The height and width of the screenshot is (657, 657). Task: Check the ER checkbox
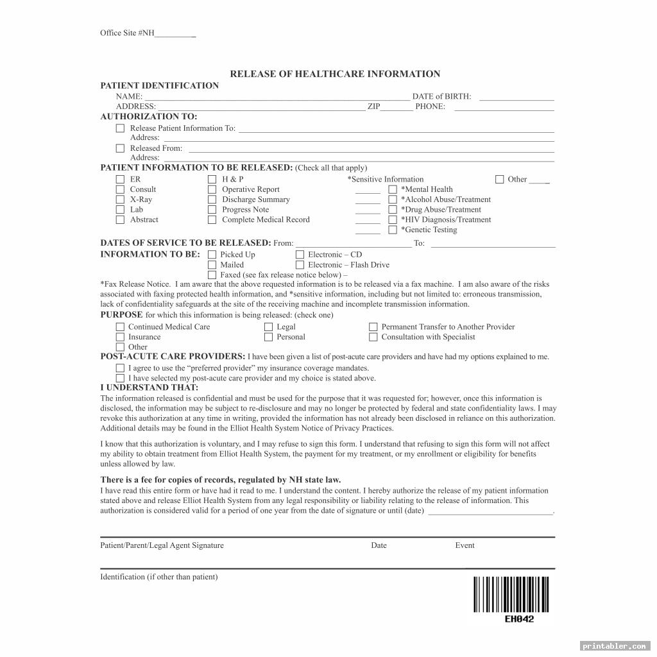point(120,180)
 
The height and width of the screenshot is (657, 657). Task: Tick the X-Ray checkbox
point(120,200)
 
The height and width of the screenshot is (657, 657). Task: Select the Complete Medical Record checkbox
point(212,220)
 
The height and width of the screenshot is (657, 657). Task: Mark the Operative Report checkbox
point(212,190)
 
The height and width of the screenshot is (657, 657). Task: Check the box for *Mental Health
point(393,190)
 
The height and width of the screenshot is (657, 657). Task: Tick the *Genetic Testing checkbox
point(393,230)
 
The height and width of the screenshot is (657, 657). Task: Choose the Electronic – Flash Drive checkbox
point(300,265)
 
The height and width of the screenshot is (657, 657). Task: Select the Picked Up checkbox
point(212,255)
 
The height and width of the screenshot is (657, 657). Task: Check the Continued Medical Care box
point(120,327)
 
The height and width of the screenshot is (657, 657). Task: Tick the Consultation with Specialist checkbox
point(373,337)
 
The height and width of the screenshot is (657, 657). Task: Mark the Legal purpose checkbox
point(269,327)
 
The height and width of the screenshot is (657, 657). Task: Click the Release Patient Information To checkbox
point(120,128)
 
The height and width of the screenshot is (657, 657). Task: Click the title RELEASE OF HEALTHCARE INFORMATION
point(335,74)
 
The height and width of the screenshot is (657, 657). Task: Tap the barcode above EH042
point(511,595)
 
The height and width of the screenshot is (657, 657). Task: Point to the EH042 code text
point(519,619)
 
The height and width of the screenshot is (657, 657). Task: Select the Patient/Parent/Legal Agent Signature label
point(162,545)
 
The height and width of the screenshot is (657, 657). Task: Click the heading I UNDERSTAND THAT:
point(149,388)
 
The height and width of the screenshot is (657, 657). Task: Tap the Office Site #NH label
point(127,33)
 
